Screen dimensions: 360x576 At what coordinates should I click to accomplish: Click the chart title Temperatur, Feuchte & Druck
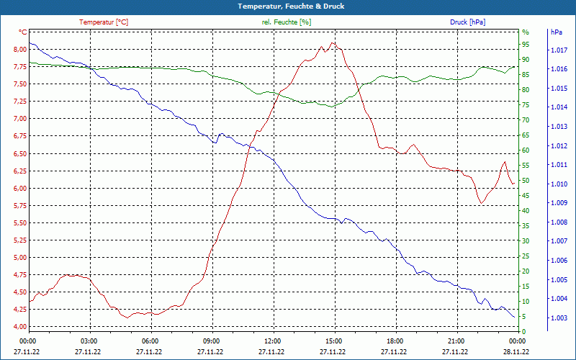[288, 6]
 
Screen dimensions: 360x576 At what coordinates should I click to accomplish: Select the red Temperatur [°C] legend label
[104, 22]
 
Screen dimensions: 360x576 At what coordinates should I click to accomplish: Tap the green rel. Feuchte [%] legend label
[287, 22]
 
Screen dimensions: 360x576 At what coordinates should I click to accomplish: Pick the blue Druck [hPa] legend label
[467, 22]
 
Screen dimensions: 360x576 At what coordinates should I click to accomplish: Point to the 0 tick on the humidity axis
[524, 331]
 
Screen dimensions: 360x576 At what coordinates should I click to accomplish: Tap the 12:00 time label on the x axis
[273, 341]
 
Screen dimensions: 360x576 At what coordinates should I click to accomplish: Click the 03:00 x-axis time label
[89, 341]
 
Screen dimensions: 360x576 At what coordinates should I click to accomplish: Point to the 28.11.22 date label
[516, 351]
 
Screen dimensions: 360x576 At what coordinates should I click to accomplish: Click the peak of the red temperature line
[332, 43]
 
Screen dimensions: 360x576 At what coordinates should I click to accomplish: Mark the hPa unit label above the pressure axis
[556, 32]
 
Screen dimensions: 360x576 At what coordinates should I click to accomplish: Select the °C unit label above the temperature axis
[23, 32]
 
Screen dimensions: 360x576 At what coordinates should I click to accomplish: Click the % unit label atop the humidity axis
[526, 32]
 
